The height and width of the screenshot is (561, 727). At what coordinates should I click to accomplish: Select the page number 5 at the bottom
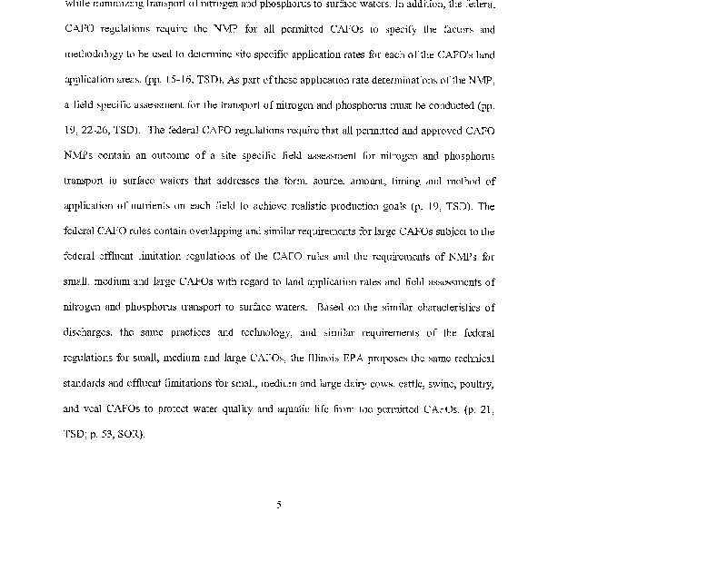279,505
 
